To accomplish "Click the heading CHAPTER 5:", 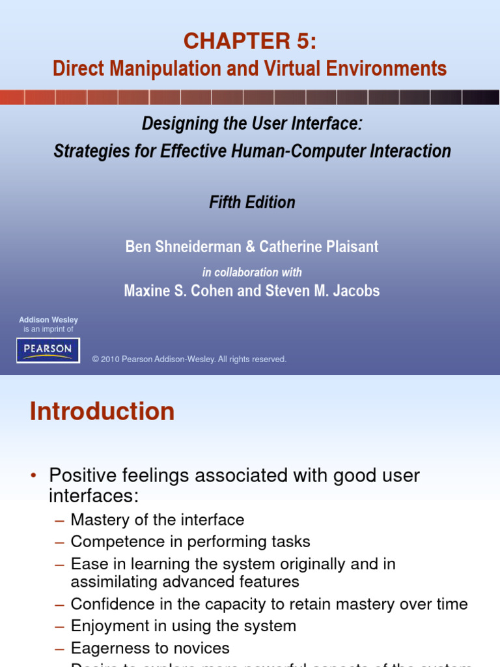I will pyautogui.click(x=250, y=41).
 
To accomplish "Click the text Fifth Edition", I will pyautogui.click(x=252, y=202).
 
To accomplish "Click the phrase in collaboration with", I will pyautogui.click(x=252, y=272).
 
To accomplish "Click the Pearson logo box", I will pyautogui.click(x=48, y=350).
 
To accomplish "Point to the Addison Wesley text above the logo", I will pyautogui.click(x=48, y=320).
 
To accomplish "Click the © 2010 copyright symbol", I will pyautogui.click(x=95, y=360).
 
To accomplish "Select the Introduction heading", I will pyautogui.click(x=102, y=412).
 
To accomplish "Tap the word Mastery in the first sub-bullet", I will pyautogui.click(x=97, y=520).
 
